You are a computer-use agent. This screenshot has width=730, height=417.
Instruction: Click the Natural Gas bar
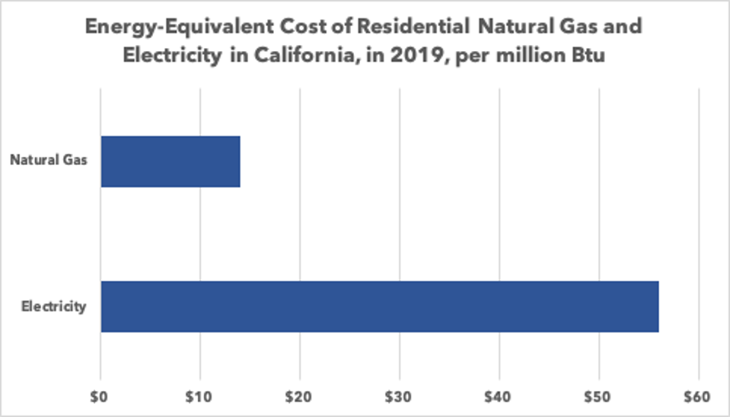point(171,161)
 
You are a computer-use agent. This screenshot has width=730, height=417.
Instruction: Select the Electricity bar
point(379,307)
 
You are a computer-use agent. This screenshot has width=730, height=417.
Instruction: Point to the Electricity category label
point(54,307)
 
